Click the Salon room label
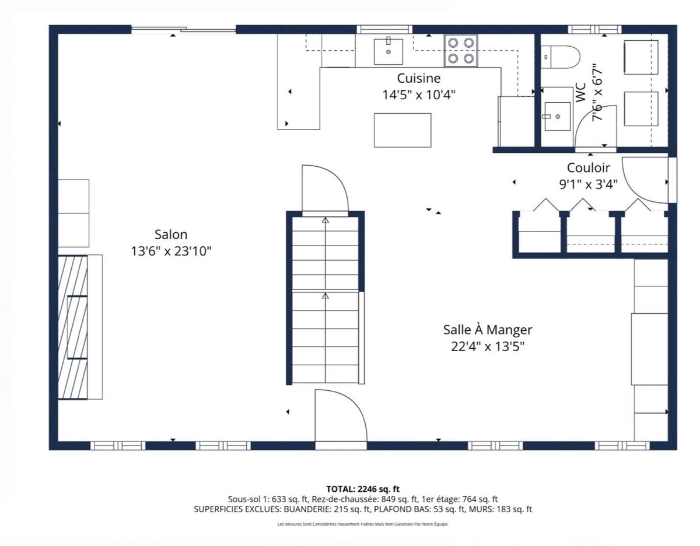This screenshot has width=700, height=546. coord(171,235)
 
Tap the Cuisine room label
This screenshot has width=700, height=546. coord(418,78)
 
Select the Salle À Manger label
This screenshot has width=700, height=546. coord(488,330)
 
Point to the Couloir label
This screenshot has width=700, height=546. coord(588,168)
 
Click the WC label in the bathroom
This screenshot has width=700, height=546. coord(580,93)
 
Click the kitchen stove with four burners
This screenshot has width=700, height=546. coord(461,51)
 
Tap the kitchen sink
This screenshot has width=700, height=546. coord(388,51)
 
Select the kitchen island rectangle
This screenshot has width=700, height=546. coord(402,130)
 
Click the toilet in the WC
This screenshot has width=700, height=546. coord(560,57)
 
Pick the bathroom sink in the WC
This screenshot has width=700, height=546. coord(557,116)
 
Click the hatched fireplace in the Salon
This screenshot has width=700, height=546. coord(73,328)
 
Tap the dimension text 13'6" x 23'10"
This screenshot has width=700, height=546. coord(171,251)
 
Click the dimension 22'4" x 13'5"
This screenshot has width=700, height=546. coord(488,346)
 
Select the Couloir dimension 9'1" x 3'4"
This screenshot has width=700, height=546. coord(588,184)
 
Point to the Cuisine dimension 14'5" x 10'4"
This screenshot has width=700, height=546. coord(418,95)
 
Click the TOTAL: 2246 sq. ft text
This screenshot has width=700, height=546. coord(363,489)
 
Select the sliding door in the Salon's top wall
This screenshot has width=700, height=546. coord(184,30)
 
